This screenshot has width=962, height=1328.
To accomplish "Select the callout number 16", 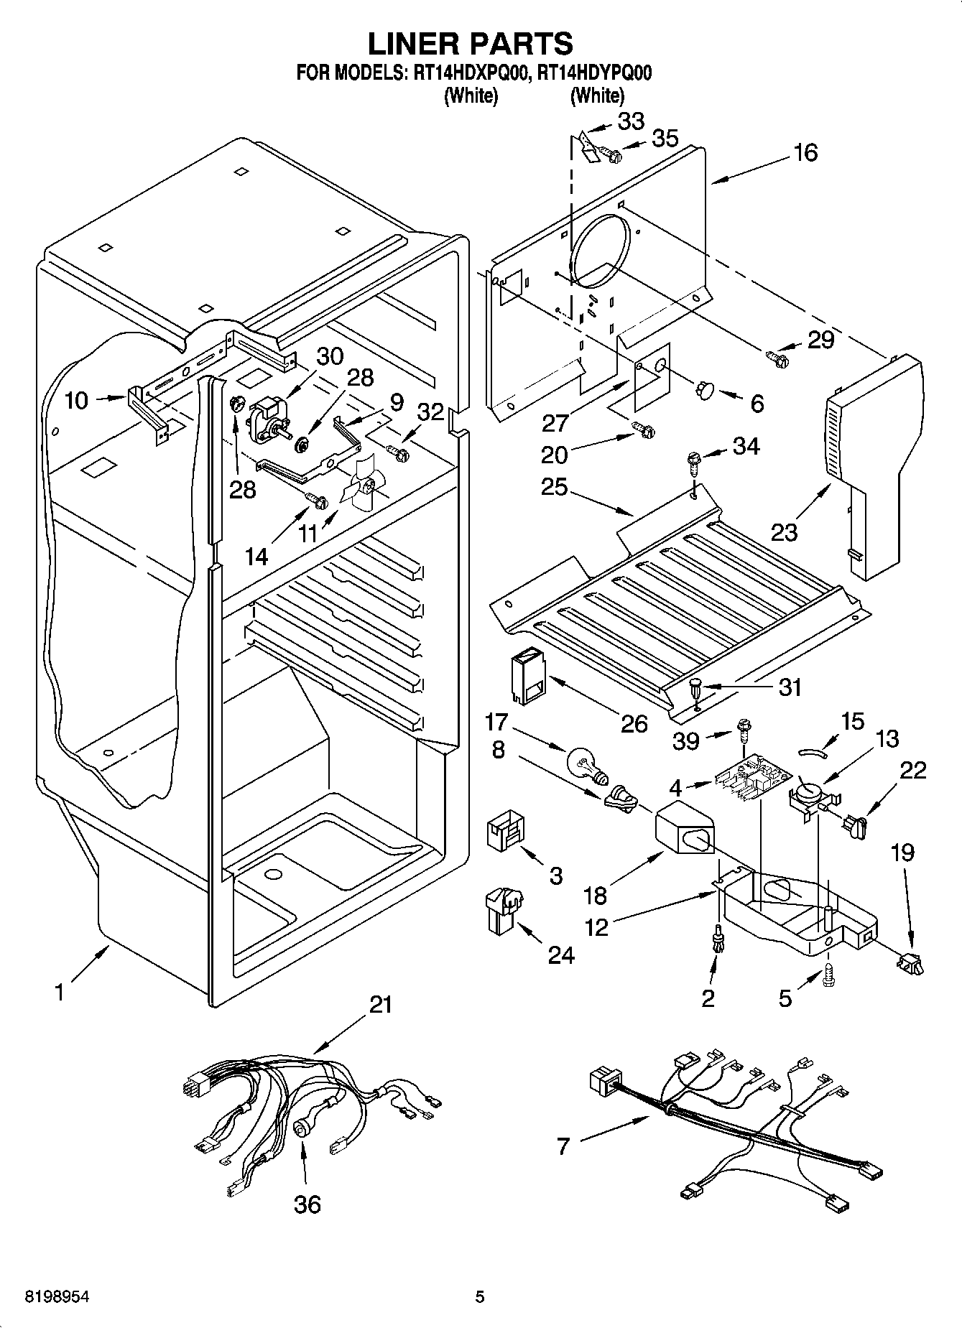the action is (806, 152).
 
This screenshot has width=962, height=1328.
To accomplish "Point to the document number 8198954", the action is (57, 1296).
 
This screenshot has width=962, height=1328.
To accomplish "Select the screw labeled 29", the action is (778, 356).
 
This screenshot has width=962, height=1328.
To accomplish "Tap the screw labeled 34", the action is (694, 462).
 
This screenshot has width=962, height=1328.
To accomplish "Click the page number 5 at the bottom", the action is (480, 1296).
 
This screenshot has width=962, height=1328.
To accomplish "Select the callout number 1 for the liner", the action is (60, 993).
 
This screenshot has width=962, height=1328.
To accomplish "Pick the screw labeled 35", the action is (609, 154).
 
